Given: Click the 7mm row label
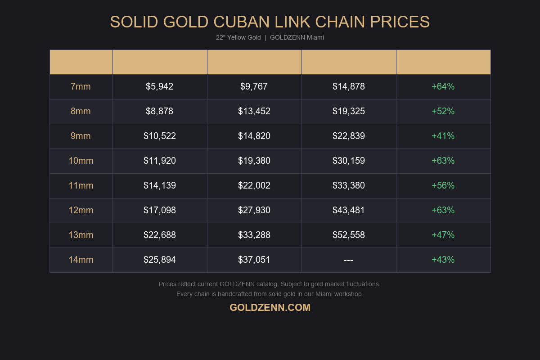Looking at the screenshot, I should (x=81, y=86).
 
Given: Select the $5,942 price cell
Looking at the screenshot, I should (x=159, y=86).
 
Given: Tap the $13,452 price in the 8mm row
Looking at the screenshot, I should (x=254, y=111).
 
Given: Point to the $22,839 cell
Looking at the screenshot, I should (x=349, y=136).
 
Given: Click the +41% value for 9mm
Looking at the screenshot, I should (x=443, y=136).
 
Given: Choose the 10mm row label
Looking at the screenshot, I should (x=81, y=161).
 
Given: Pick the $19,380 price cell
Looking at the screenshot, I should (x=254, y=161).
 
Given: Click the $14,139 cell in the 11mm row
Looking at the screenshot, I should (x=160, y=185).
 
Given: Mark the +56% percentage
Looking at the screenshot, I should (x=443, y=185).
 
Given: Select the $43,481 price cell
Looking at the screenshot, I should (x=349, y=210).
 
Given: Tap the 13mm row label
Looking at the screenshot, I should (x=81, y=235).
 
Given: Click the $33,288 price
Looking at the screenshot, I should (x=254, y=235).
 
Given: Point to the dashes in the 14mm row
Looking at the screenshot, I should (x=348, y=260).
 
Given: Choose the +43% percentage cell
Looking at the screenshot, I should (x=443, y=260).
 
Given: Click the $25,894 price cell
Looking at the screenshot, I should (x=160, y=260).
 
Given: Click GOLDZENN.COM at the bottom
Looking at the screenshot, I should (x=270, y=308).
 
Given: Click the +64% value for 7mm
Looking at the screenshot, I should (x=443, y=86).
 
